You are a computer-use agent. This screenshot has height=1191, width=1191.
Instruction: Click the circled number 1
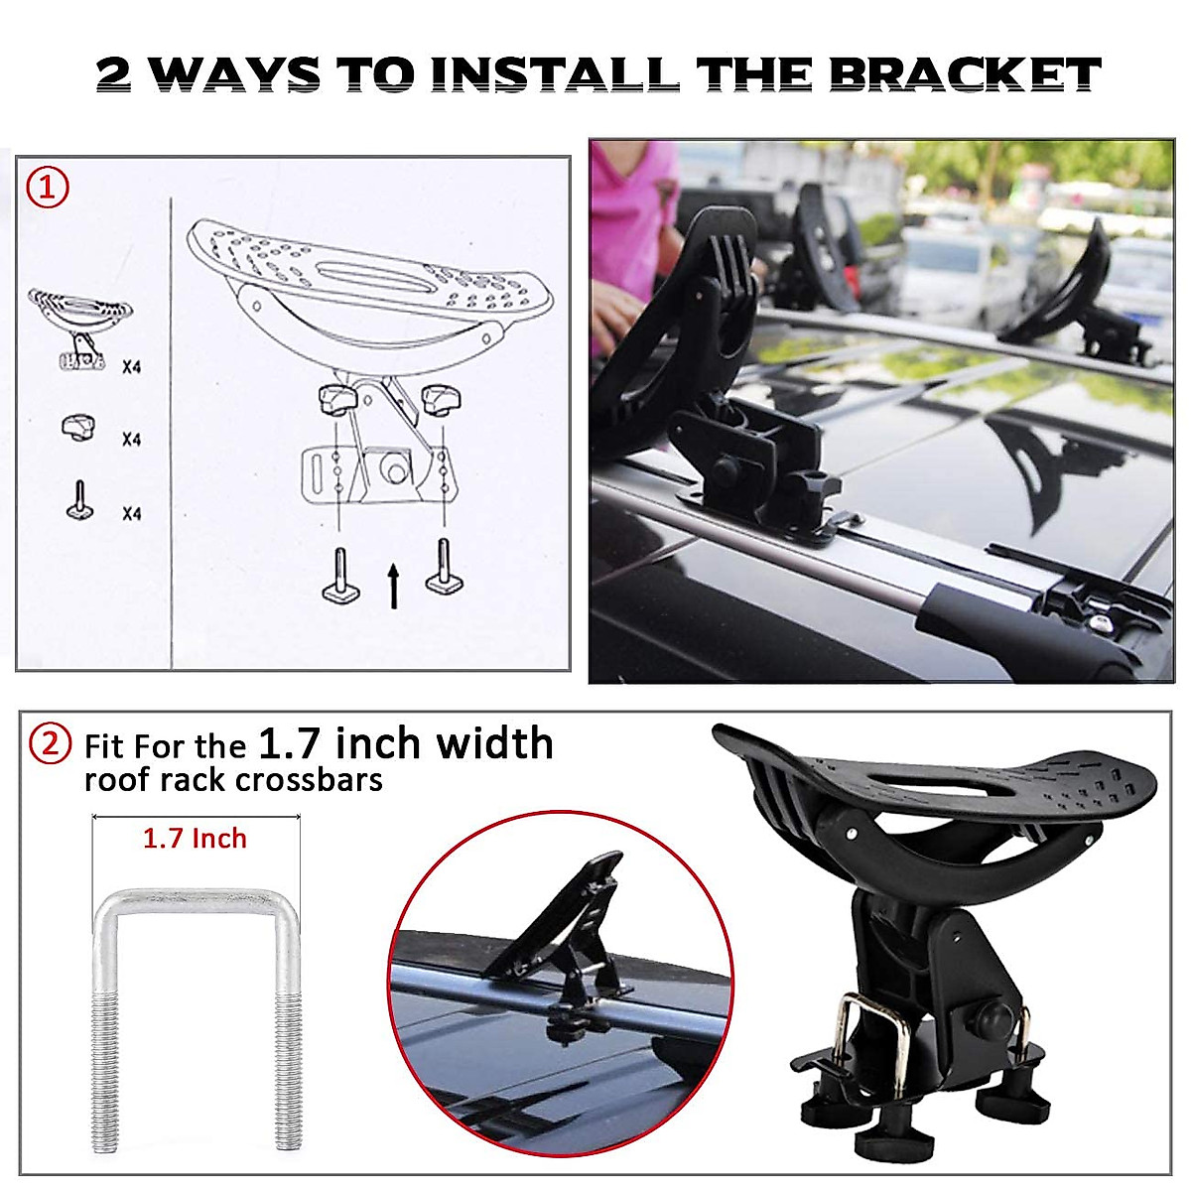coord(48,187)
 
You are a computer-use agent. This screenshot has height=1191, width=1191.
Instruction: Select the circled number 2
coord(50,743)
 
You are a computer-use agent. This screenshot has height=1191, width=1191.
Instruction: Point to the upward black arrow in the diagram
coord(393,586)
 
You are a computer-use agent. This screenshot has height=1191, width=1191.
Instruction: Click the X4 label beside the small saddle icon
coord(131,366)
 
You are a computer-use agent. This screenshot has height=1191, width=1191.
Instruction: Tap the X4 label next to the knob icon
coord(131,439)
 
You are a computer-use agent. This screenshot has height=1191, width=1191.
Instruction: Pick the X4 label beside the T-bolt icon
coord(131,513)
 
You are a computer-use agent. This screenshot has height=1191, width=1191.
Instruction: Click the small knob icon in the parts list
coord(78,428)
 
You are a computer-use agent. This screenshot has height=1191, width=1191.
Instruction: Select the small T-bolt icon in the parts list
coord(79,500)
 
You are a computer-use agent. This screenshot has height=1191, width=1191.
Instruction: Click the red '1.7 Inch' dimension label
coord(195,839)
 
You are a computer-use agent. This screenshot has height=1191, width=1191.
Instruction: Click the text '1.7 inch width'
coord(405,743)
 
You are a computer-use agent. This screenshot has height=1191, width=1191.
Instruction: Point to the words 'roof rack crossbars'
coord(233,780)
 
